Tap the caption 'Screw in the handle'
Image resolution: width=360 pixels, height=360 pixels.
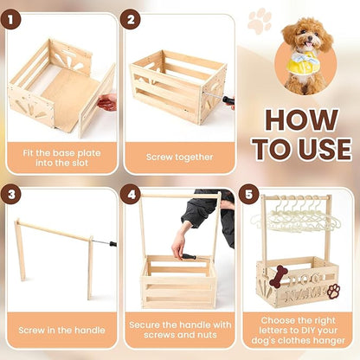(61, 331)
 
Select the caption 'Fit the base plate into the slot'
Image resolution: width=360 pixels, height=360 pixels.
(61, 157)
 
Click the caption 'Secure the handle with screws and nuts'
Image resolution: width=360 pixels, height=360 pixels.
(179, 331)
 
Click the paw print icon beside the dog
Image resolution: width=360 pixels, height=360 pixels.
(260, 21)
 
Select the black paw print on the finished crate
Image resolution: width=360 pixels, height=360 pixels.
(332, 290)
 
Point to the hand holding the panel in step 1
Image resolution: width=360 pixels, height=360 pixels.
(106, 102)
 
